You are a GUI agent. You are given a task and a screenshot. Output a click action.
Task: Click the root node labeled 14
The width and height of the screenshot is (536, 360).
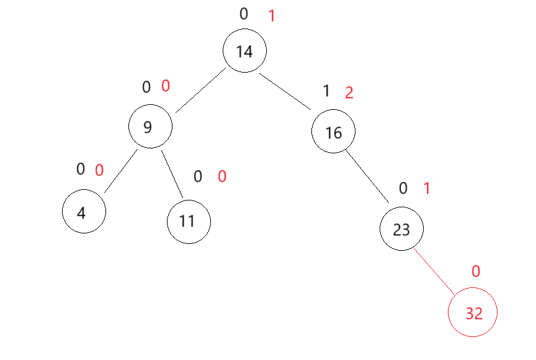[x=245, y=52]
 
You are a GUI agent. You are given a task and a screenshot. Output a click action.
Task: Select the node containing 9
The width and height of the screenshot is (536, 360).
[x=150, y=127]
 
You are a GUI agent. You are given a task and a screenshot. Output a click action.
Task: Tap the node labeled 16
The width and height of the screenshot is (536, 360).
[x=333, y=132]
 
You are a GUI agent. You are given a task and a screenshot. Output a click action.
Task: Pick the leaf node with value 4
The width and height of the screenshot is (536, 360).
[x=84, y=212]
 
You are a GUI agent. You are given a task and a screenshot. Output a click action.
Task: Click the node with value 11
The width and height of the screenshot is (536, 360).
[x=189, y=221]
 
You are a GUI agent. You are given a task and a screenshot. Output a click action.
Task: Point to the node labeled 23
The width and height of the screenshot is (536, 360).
[x=401, y=230]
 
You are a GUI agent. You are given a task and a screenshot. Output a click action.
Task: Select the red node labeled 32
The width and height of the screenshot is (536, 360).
[x=473, y=314]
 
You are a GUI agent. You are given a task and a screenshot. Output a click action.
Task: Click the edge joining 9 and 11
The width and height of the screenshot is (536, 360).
[x=172, y=174]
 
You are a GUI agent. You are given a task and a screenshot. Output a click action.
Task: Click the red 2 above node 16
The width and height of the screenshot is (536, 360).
[x=349, y=93]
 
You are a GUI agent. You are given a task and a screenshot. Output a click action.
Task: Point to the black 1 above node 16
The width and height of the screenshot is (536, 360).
[x=327, y=92]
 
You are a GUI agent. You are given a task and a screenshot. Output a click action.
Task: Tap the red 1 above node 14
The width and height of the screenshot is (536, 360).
[x=271, y=16]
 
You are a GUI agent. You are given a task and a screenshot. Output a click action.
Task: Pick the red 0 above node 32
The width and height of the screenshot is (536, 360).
[x=476, y=271]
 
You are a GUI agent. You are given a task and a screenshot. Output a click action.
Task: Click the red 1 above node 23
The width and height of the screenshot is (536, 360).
[x=426, y=189]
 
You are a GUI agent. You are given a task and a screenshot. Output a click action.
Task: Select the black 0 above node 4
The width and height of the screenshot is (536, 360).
[x=81, y=169]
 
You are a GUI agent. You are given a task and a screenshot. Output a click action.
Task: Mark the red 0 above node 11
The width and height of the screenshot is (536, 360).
[x=221, y=177]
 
